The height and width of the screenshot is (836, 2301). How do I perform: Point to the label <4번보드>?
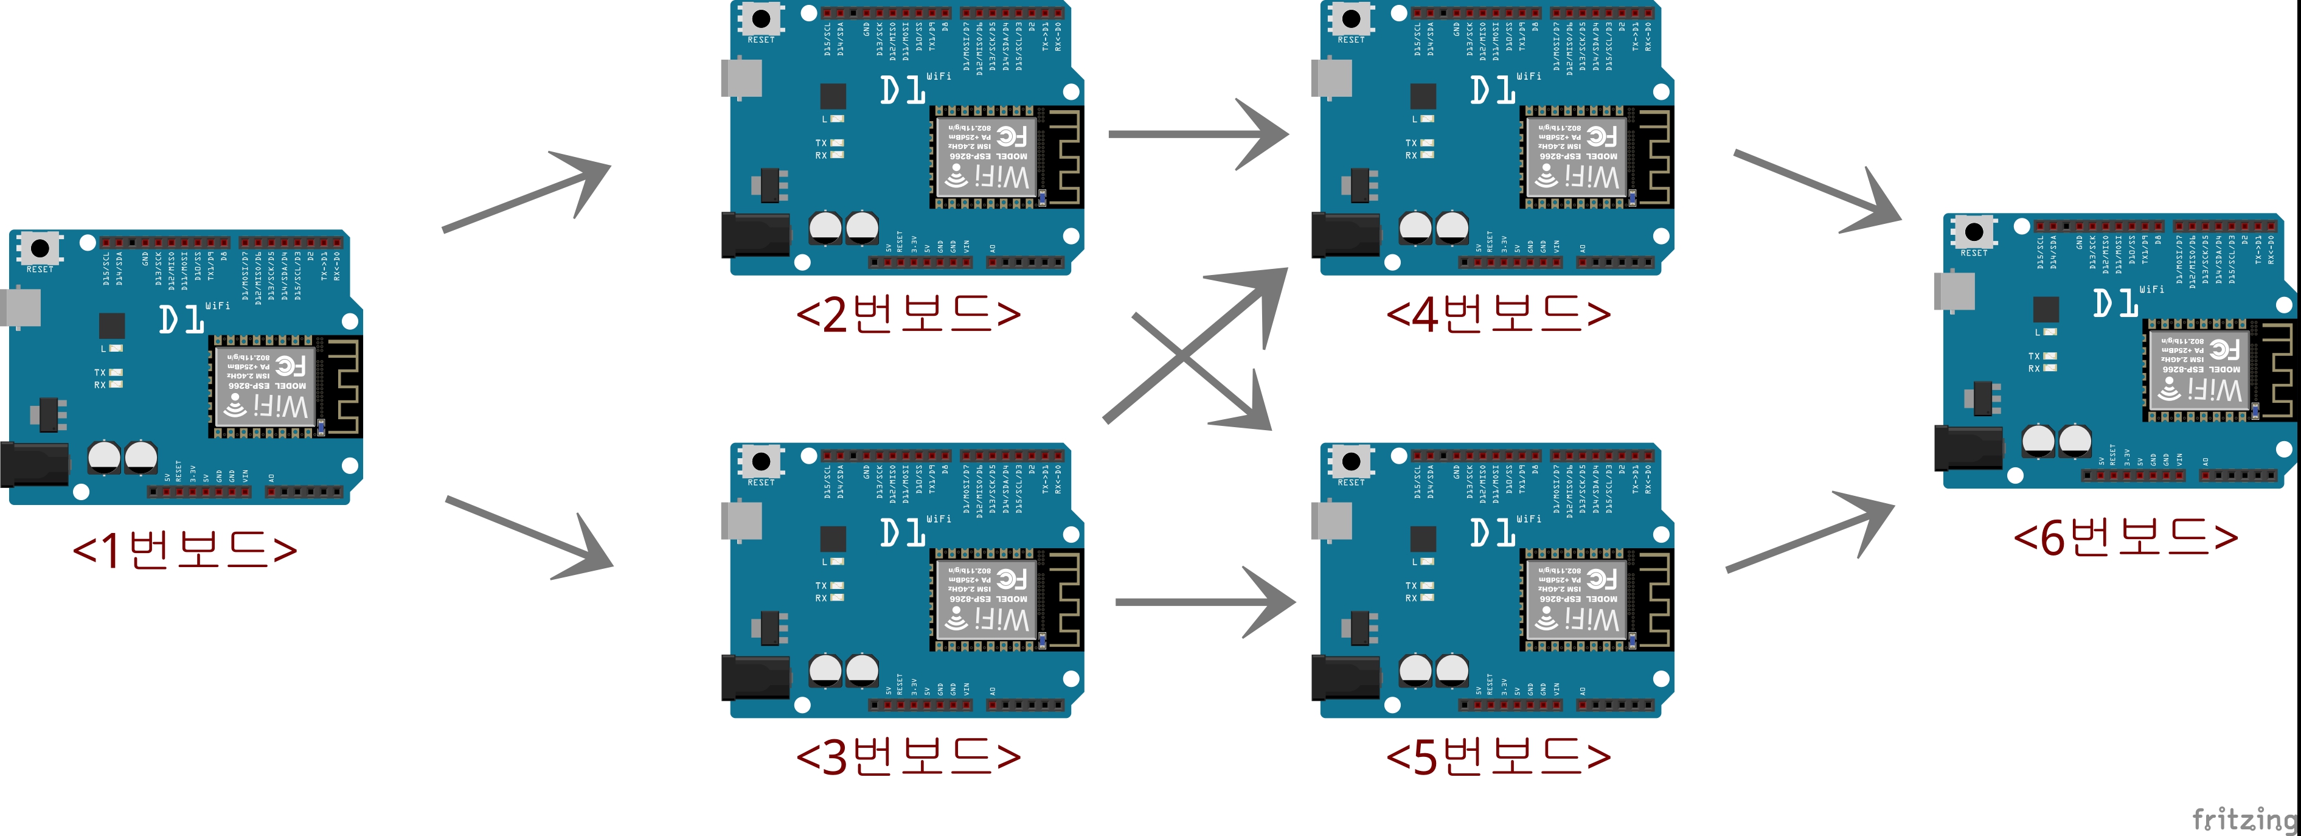[1498, 313]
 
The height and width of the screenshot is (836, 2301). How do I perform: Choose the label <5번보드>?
[1498, 756]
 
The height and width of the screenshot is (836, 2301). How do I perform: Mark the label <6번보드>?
[2126, 536]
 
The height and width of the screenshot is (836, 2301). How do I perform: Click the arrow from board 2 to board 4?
[1197, 134]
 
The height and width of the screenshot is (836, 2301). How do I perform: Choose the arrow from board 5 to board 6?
[1809, 536]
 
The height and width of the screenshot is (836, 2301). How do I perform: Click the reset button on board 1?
[40, 248]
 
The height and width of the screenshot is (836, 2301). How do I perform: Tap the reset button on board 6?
[1974, 232]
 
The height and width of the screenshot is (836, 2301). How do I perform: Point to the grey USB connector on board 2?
[741, 78]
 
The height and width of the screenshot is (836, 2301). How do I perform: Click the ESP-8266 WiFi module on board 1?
[265, 386]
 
